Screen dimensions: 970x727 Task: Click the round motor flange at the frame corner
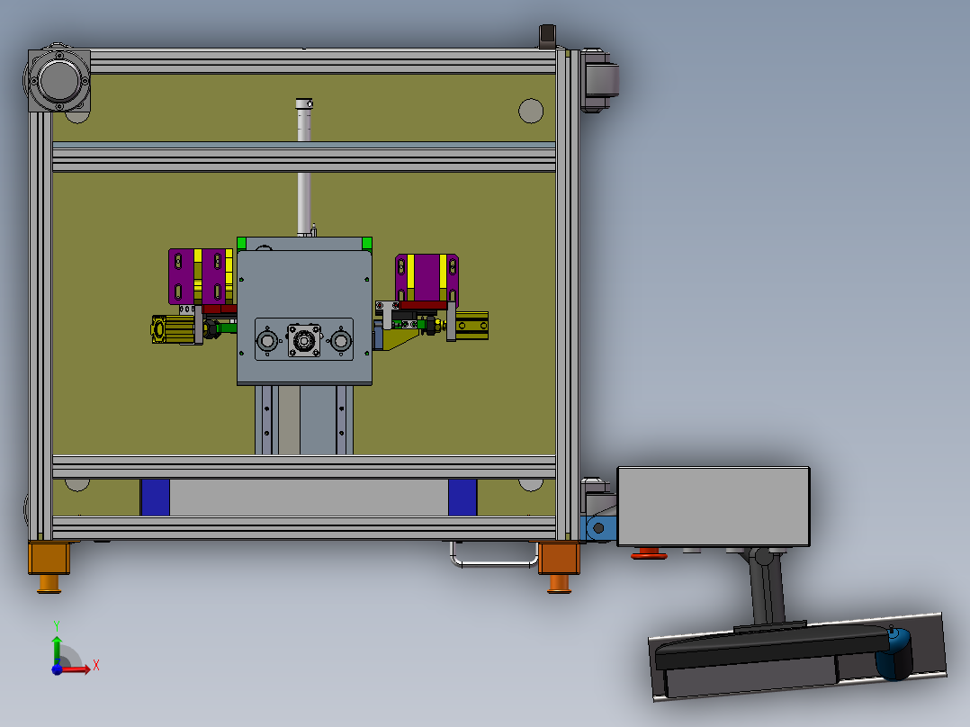(58, 80)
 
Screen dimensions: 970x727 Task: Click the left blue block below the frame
(156, 498)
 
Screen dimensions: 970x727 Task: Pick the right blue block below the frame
(463, 498)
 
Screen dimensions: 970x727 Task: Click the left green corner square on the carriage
(242, 243)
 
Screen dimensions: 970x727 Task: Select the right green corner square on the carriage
(367, 243)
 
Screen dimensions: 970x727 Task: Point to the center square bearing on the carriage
(304, 340)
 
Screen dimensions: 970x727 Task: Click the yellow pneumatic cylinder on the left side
(173, 329)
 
